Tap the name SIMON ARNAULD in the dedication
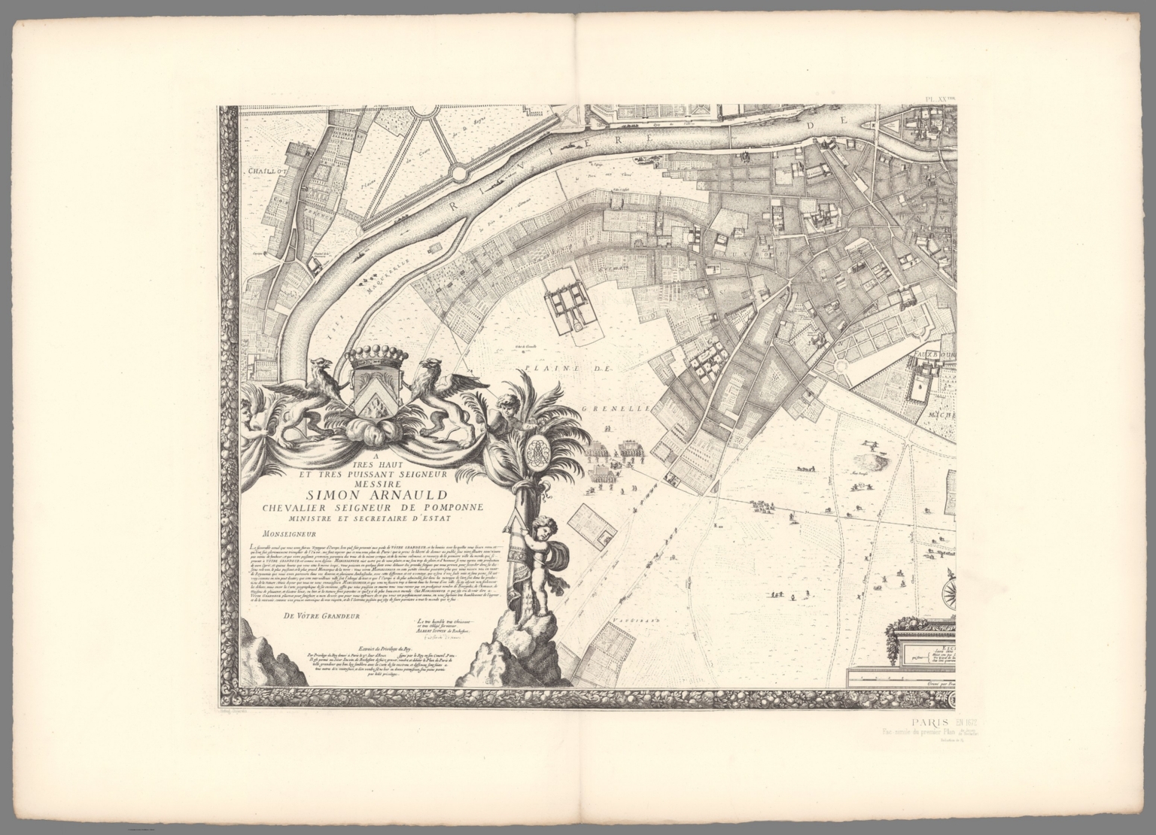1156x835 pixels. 364,495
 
